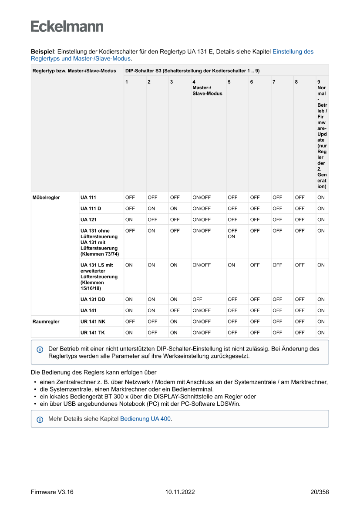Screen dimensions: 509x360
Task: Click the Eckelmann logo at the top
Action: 67,26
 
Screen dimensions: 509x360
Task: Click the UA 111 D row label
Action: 91,209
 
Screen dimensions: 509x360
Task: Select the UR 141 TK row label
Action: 92,333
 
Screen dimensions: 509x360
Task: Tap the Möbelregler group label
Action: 46,197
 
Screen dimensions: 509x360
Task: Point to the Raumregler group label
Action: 46,322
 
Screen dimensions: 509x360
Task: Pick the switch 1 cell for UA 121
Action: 129,219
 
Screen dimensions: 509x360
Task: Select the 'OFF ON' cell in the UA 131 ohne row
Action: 232,234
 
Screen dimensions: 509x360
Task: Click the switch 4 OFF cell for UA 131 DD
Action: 197,299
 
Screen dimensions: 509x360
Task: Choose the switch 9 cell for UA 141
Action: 321,310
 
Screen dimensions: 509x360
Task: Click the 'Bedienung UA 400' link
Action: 145,419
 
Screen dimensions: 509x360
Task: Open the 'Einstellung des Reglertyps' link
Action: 293,51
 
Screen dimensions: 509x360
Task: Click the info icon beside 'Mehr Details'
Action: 40,419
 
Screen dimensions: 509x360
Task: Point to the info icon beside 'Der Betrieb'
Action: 40,349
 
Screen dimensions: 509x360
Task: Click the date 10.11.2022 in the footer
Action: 180,492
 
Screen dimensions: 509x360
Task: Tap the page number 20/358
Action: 320,492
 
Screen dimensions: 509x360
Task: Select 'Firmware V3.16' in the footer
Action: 52,492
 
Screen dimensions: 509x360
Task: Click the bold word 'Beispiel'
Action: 42,51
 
